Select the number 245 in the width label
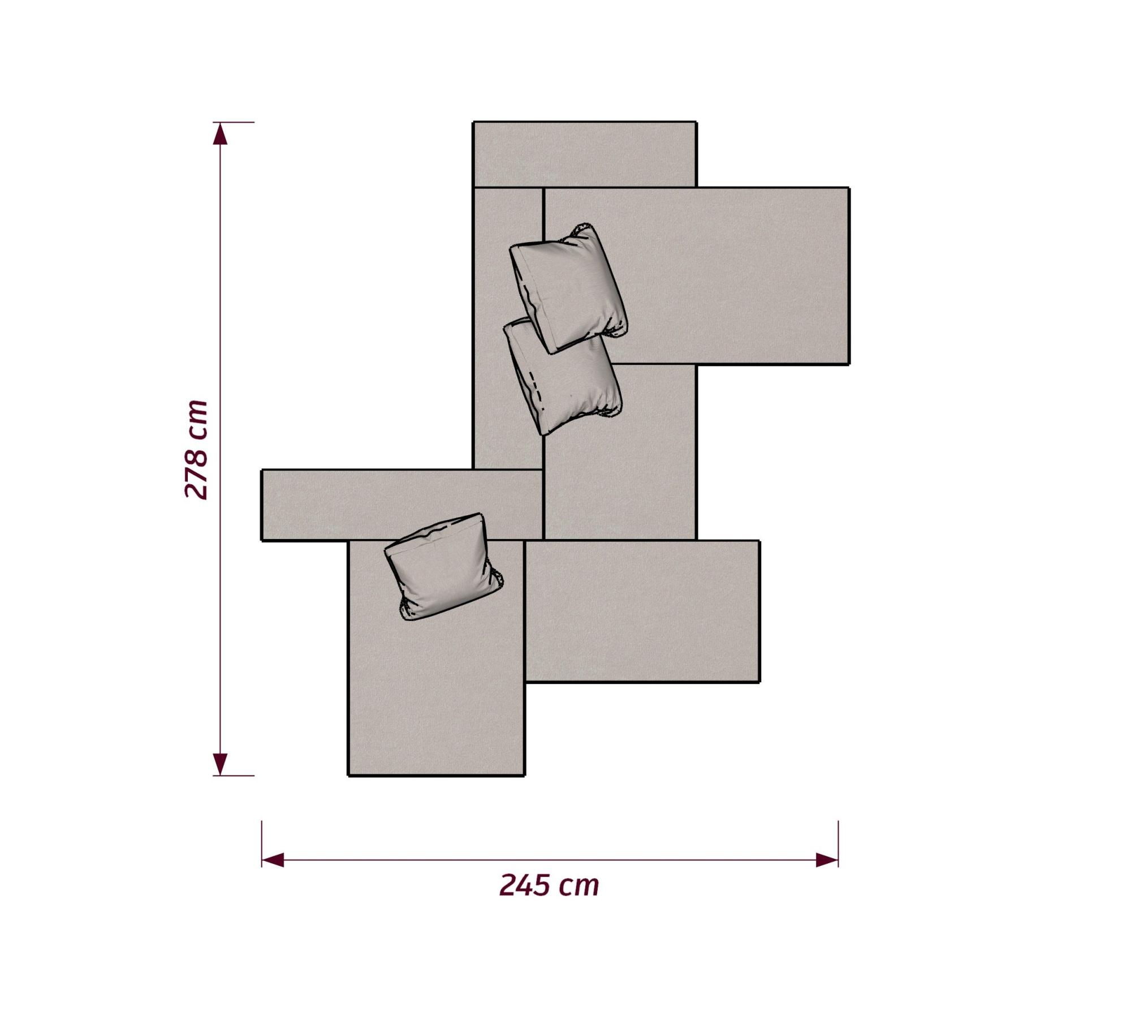pyautogui.click(x=525, y=885)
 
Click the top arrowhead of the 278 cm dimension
pyautogui.click(x=220, y=133)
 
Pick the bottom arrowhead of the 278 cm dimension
pyautogui.click(x=220, y=764)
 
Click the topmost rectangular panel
pyautogui.click(x=585, y=154)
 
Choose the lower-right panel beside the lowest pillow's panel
pyautogui.click(x=642, y=611)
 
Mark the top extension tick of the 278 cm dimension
pyautogui.click(x=234, y=122)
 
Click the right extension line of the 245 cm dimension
pyautogui.click(x=838, y=844)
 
